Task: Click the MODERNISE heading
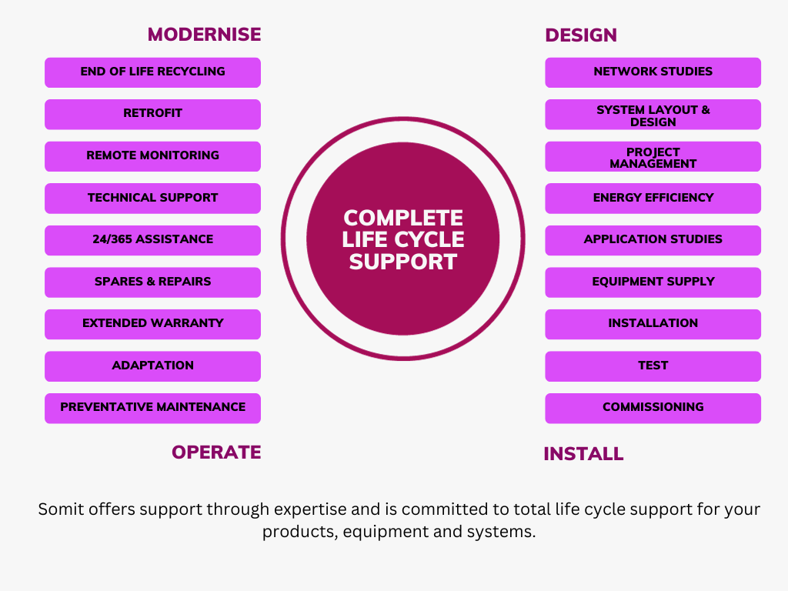tap(204, 35)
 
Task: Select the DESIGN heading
tap(581, 35)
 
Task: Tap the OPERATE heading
tap(216, 452)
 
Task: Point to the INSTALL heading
tap(583, 454)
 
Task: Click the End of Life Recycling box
tap(152, 72)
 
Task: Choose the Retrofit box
tap(152, 114)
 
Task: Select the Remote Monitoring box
tap(152, 156)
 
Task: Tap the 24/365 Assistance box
tap(152, 240)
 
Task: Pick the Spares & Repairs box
tap(152, 282)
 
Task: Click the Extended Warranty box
tap(152, 324)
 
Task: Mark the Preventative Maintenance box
tap(152, 408)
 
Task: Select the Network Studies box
tap(653, 72)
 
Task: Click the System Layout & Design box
tap(653, 115)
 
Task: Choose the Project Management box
tap(653, 157)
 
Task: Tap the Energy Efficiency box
tap(653, 199)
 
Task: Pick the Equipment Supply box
tap(653, 282)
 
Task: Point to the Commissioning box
tap(653, 408)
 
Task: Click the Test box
tap(653, 366)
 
